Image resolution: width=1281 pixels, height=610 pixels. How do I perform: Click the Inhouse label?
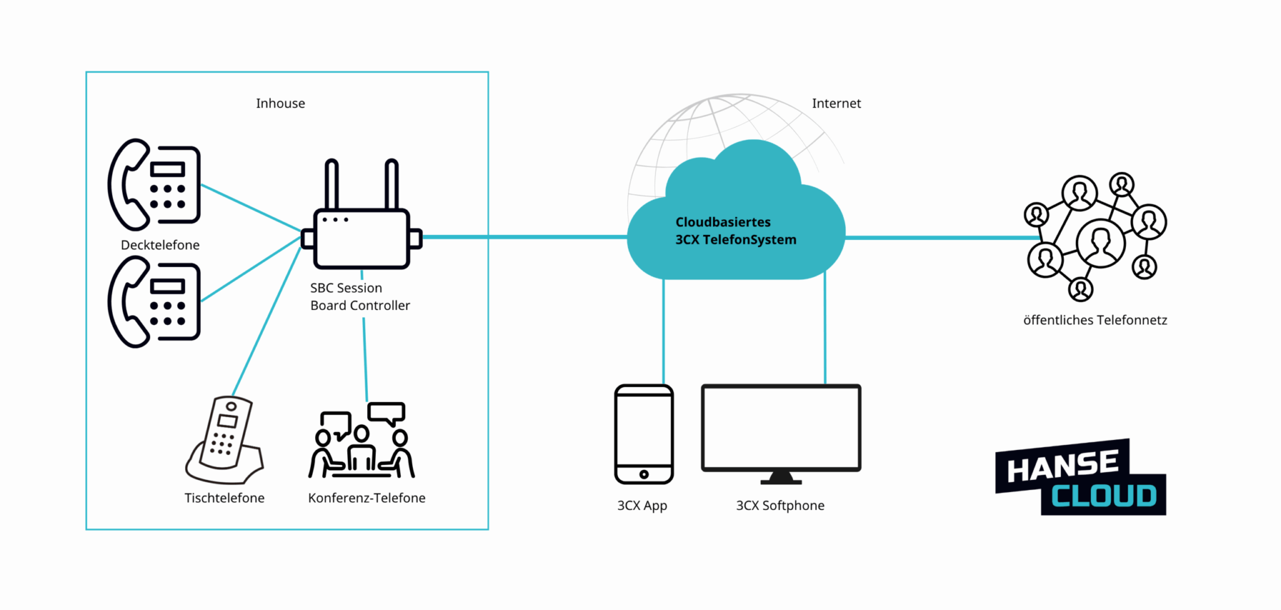tap(280, 104)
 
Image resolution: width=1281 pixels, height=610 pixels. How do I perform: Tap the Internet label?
tap(836, 104)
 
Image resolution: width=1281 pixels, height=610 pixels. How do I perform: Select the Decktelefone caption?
tap(160, 245)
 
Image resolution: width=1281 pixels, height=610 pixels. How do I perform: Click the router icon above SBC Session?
tap(362, 237)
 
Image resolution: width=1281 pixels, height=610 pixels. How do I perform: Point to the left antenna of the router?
tap(332, 184)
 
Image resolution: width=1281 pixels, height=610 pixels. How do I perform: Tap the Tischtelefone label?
tap(225, 498)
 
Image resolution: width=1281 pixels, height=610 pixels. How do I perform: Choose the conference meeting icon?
tap(362, 441)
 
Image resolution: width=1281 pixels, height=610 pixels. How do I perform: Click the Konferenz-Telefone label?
tap(367, 498)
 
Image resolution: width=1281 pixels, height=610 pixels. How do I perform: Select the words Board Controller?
tap(360, 306)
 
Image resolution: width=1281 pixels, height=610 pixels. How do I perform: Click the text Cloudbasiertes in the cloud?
tap(723, 222)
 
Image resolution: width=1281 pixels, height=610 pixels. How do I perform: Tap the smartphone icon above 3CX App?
tap(644, 434)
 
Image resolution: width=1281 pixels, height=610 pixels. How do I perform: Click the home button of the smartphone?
tap(644, 474)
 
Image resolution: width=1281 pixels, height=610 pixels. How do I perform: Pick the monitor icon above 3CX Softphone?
tap(781, 431)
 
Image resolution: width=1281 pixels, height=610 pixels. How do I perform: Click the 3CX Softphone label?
tap(780, 506)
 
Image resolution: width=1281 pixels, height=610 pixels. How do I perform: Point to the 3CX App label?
tap(642, 506)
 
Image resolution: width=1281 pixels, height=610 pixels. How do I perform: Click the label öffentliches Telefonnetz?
tap(1095, 321)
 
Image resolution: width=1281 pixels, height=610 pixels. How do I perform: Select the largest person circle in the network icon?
tap(1101, 242)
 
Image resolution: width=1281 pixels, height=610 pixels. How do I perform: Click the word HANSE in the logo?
tap(1063, 466)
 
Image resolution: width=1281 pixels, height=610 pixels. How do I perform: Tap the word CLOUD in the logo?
tap(1103, 496)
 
